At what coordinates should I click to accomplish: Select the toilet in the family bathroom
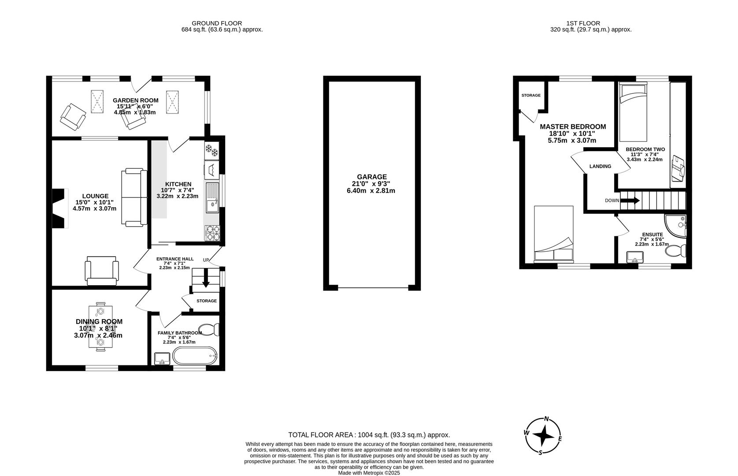click(209, 329)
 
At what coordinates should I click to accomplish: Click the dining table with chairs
click(100, 326)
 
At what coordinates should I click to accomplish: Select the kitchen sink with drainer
click(212, 198)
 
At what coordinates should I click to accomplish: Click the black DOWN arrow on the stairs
click(630, 201)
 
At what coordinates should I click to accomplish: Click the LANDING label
click(600, 166)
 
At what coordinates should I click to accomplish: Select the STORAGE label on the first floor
click(530, 95)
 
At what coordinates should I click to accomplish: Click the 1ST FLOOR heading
click(583, 23)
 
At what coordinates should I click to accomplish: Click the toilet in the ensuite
click(676, 251)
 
